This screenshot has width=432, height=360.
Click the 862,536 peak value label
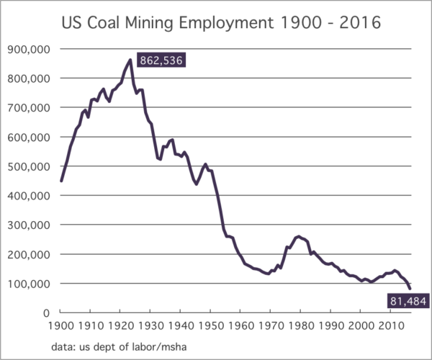pos(161,62)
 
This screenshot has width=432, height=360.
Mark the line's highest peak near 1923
pos(130,59)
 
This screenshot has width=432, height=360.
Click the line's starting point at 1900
pos(61,181)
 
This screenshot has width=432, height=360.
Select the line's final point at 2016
pos(409,289)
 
